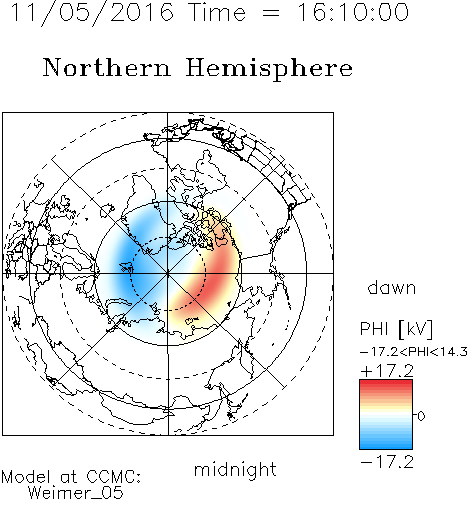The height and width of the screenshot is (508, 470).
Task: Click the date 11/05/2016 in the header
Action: [92, 12]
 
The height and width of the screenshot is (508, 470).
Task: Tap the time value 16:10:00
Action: [353, 12]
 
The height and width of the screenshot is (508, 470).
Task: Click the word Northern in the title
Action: [107, 67]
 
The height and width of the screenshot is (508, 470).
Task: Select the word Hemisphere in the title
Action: [269, 68]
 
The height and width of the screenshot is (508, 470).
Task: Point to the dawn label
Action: [392, 287]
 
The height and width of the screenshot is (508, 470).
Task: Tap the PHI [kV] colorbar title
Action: [396, 329]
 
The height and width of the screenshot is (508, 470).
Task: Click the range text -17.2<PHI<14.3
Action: [414, 352]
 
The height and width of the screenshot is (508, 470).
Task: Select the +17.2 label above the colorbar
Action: [387, 371]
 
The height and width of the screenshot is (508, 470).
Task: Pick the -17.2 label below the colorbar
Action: [387, 462]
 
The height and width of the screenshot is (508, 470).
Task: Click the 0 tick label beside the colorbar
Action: [421, 416]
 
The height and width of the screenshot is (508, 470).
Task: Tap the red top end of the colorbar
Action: [386, 382]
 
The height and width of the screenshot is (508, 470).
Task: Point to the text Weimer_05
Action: [76, 493]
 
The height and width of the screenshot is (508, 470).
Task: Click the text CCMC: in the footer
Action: [114, 477]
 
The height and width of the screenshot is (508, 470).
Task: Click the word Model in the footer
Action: [26, 477]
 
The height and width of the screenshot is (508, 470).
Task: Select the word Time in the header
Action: [217, 12]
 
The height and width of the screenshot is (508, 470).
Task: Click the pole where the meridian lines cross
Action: [168, 273]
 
